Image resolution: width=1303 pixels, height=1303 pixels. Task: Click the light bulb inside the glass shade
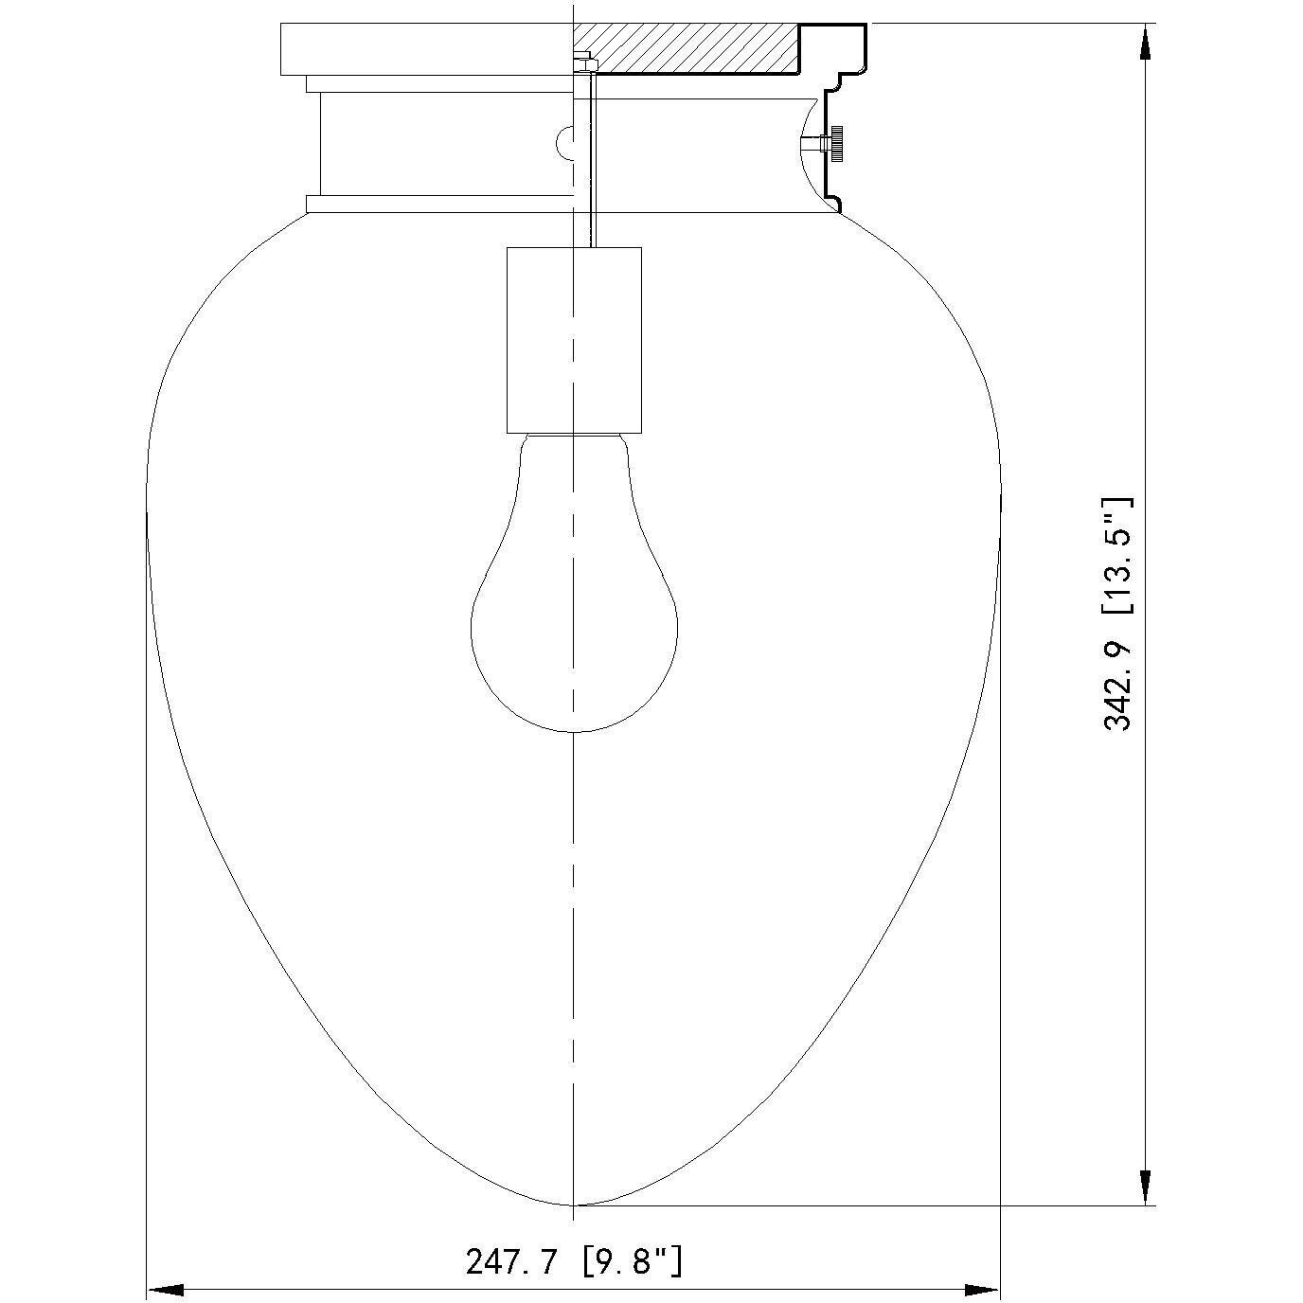tap(574, 616)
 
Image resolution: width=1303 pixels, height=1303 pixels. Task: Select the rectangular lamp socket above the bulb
tap(574, 339)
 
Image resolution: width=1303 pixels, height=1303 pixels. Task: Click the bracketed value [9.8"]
tap(633, 1261)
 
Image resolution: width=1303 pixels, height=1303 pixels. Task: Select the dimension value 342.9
tap(1118, 678)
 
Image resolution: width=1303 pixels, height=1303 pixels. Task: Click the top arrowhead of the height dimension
tap(1146, 42)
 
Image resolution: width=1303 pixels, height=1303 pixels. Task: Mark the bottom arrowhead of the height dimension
tap(1146, 1187)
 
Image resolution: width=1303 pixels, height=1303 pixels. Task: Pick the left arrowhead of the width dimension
tap(166, 1290)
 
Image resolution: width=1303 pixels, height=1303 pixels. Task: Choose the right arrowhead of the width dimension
tap(981, 1290)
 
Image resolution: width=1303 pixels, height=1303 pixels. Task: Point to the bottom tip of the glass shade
tap(574, 1205)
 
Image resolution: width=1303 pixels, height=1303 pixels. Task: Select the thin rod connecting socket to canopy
tap(591, 170)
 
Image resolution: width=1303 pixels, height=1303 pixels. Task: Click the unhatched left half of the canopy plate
tap(426, 48)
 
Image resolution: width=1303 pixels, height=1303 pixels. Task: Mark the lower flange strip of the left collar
tap(440, 204)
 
